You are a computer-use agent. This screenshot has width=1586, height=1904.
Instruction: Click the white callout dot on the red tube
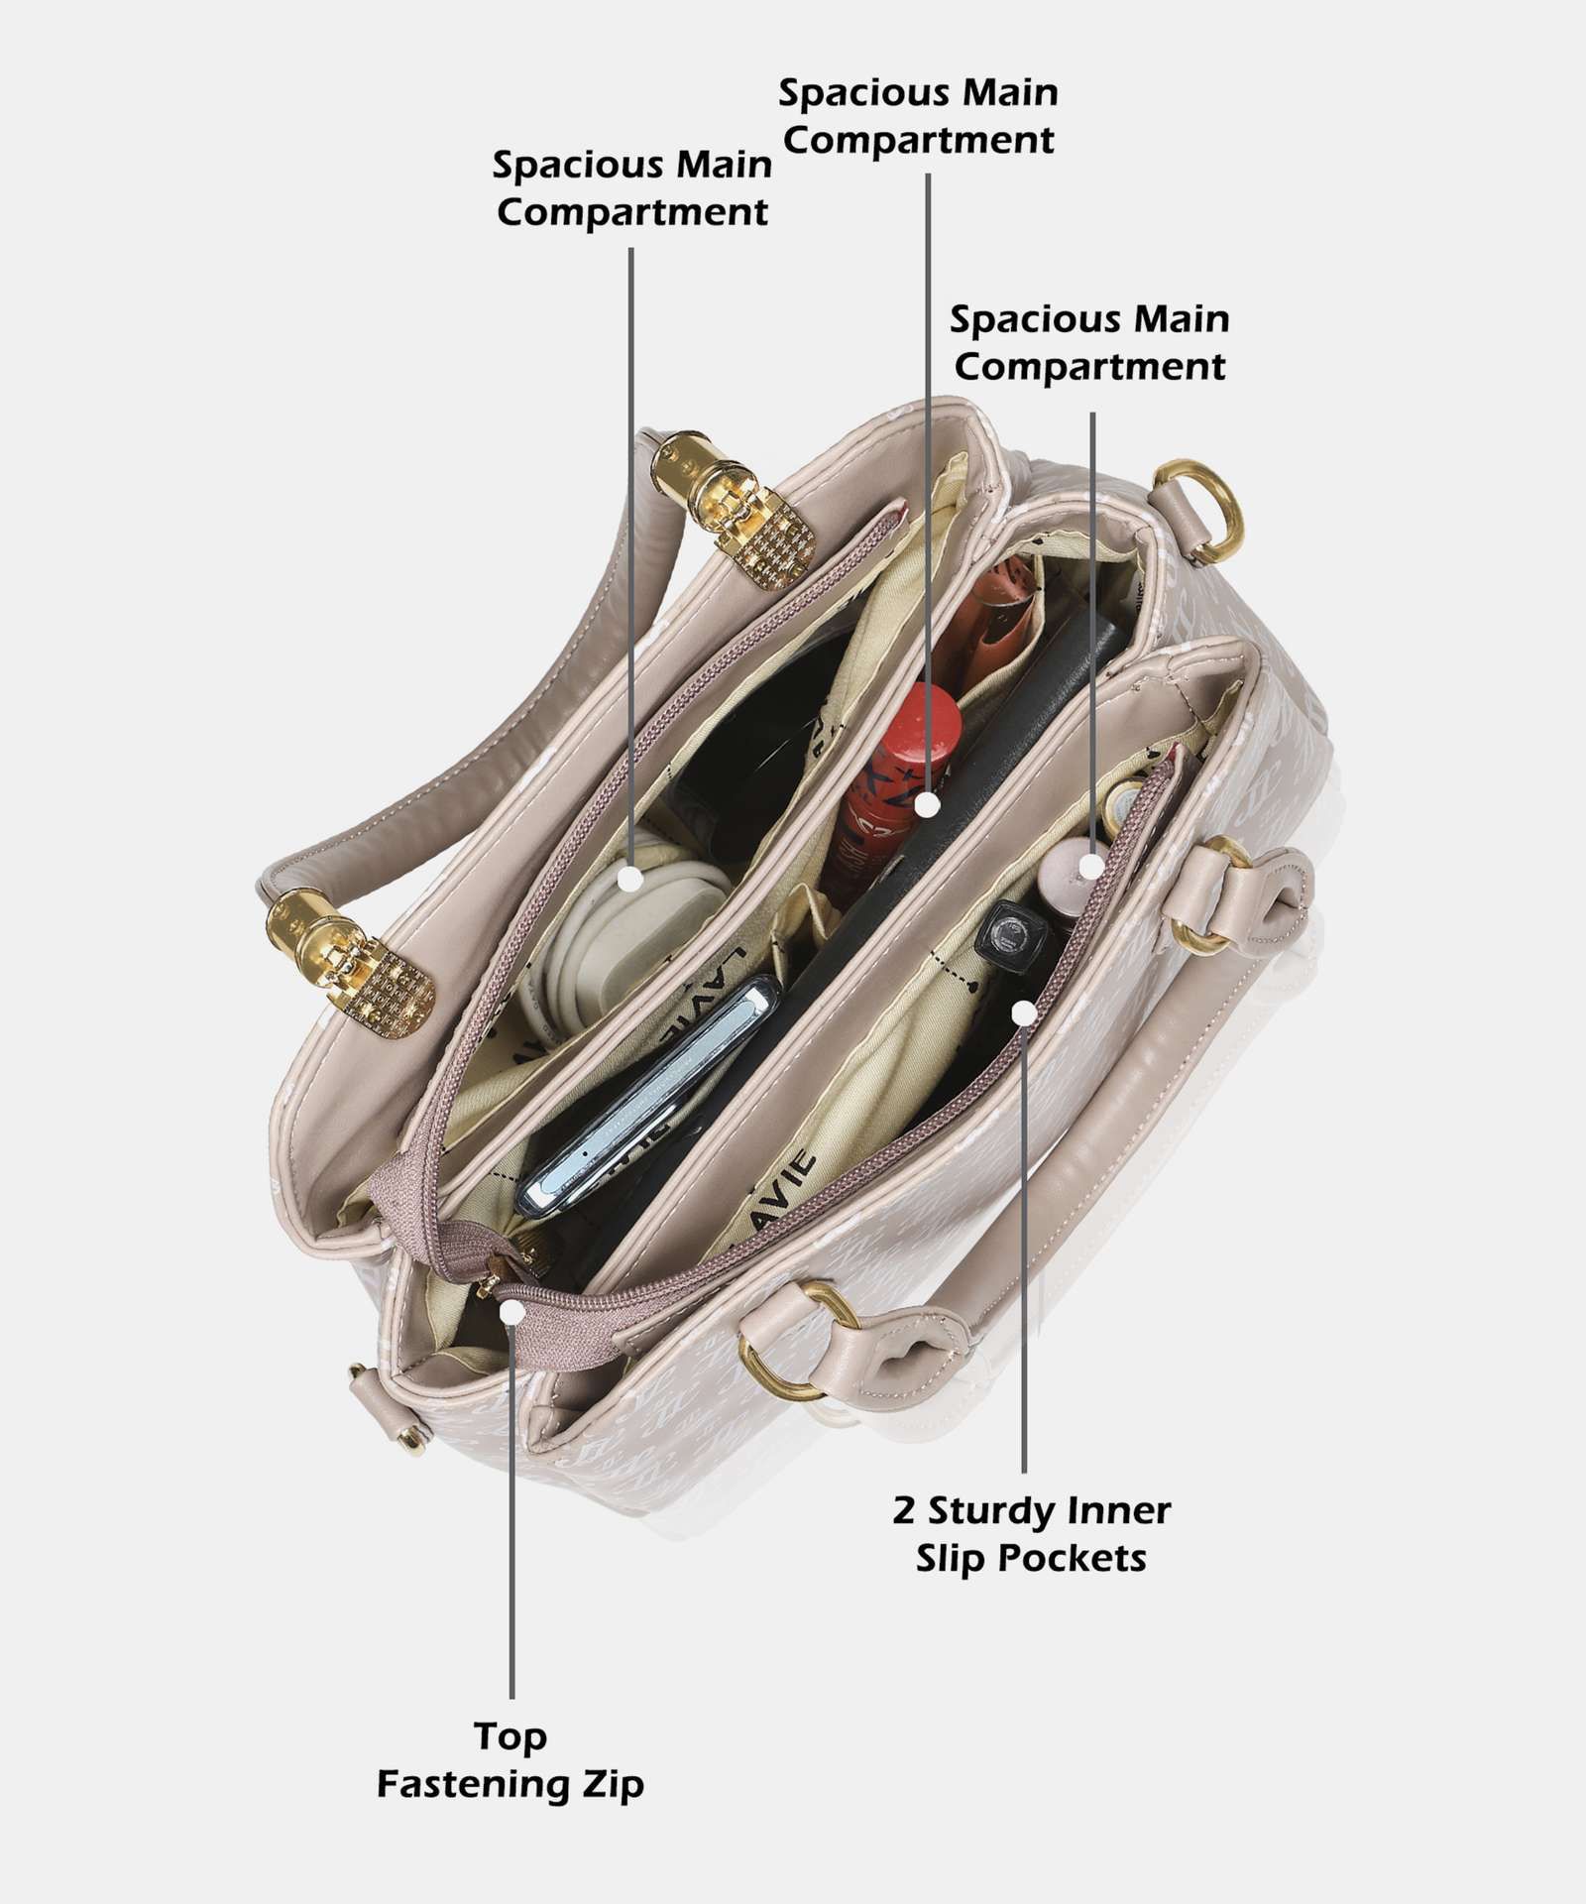pyautogui.click(x=927, y=804)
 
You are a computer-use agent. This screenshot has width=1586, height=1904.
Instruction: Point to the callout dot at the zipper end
pyautogui.click(x=511, y=1312)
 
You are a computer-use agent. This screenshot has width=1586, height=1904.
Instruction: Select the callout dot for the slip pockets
pyautogui.click(x=1024, y=1012)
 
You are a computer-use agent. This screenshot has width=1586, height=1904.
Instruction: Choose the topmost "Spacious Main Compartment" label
pyautogui.click(x=918, y=116)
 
